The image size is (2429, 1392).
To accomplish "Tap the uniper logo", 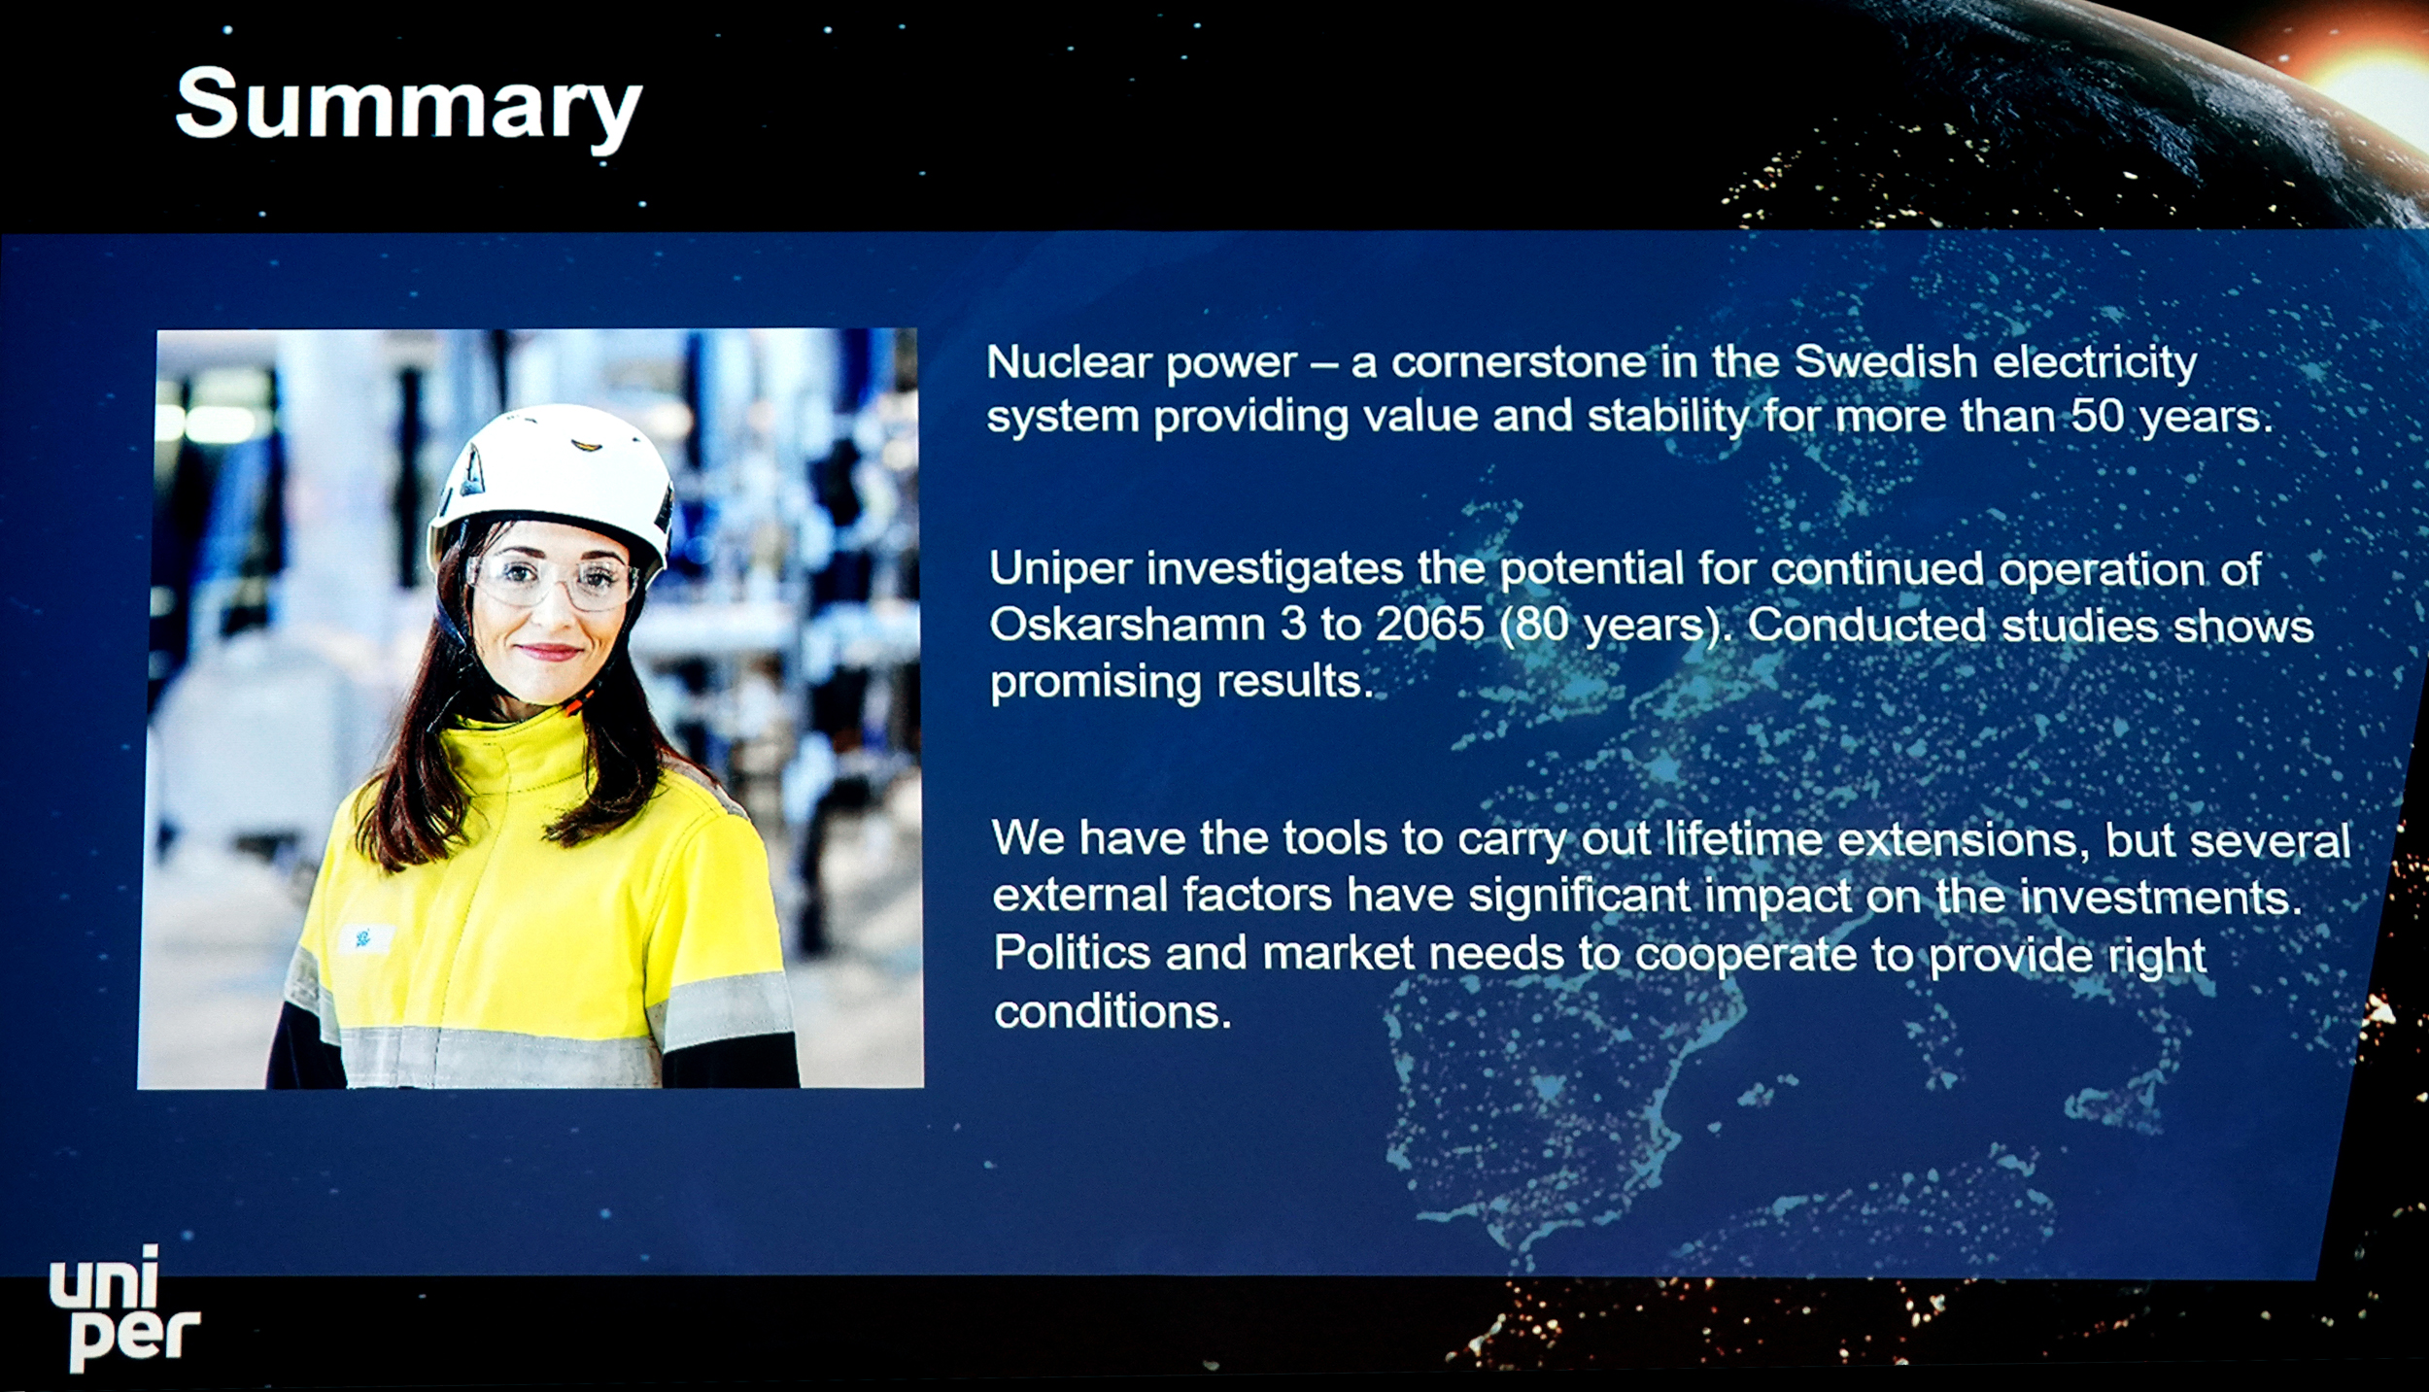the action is point(123,1307).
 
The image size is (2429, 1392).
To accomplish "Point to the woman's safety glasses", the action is point(551,580).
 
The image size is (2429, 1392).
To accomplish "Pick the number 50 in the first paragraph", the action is point(2099,417).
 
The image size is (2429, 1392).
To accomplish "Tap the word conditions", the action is point(1112,1012).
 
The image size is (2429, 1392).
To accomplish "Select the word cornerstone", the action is point(1520,362).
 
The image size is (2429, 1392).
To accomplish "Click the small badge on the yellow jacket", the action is point(365,938).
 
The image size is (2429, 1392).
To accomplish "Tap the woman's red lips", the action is point(547,651).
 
